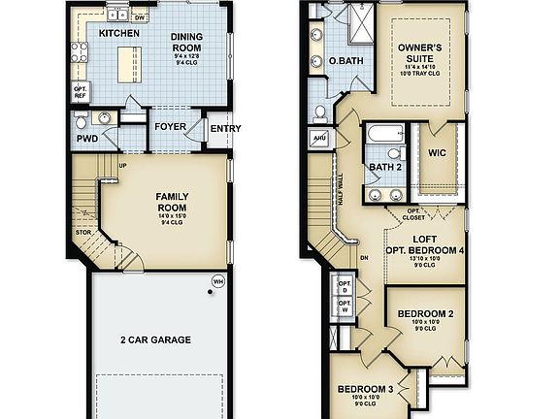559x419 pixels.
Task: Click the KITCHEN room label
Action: pos(119,33)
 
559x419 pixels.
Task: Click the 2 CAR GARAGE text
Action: pos(155,339)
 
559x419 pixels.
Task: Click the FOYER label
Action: pos(170,126)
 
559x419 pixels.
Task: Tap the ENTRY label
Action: pos(225,129)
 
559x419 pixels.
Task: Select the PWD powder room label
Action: pos(88,139)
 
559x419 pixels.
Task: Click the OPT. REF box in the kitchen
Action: pos(81,92)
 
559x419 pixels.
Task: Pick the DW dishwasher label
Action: pos(141,17)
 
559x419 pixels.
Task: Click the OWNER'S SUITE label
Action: pos(420,52)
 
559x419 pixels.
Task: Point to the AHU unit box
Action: pos(319,139)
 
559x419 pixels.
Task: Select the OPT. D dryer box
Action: pos(344,285)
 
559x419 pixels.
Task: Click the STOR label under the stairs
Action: pos(84,233)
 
